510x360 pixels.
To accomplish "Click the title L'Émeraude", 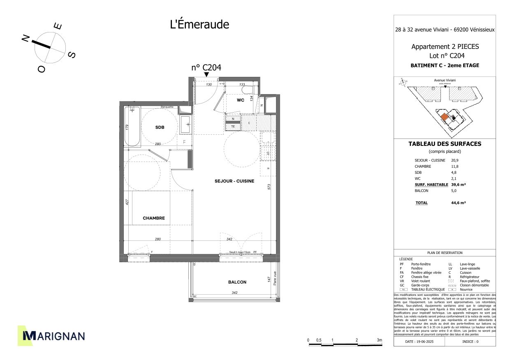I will (x=199, y=25).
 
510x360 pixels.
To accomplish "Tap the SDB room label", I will (x=160, y=127).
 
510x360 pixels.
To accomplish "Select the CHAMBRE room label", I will (x=154, y=218).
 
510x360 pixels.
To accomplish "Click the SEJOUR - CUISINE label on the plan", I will (x=234, y=181).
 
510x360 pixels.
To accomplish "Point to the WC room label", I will (x=241, y=100).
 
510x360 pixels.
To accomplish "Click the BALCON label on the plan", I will (x=237, y=282).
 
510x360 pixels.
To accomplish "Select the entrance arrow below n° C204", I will (x=206, y=74).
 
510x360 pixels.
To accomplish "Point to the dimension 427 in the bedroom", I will (x=128, y=202).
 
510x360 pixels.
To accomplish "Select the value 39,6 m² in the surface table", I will (x=458, y=185).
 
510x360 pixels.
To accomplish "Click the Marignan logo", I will (x=52, y=336).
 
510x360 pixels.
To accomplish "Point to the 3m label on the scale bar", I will (x=379, y=340).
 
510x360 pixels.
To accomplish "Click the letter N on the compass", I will (x=25, y=39).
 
